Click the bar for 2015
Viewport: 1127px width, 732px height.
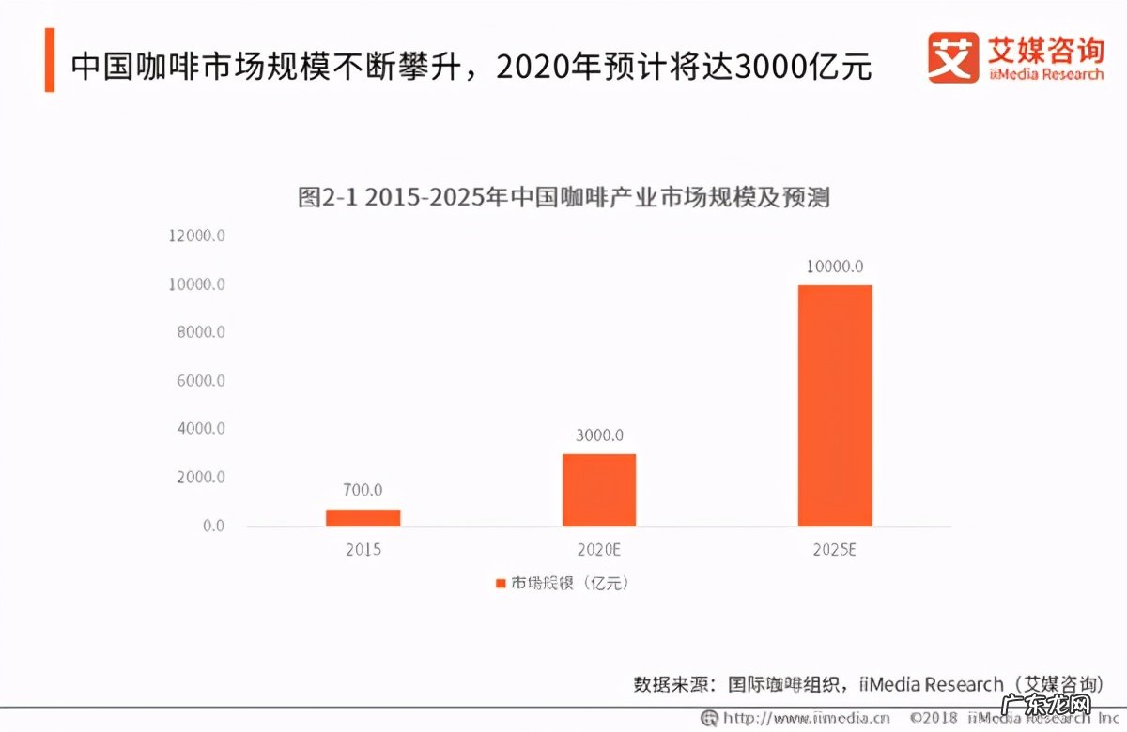pos(363,517)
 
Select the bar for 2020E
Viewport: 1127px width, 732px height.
pos(598,490)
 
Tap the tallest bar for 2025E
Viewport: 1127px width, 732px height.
pos(835,405)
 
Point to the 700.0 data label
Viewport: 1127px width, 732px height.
pos(363,490)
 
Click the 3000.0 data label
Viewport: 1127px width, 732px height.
pos(598,435)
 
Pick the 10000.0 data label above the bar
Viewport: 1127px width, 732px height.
pos(834,267)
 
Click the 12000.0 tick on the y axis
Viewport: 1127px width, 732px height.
pos(196,236)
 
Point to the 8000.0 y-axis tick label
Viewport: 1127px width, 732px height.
pos(199,332)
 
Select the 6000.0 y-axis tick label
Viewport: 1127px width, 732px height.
pos(199,381)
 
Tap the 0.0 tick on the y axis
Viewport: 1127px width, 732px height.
pos(213,526)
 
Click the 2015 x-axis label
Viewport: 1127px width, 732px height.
pos(363,550)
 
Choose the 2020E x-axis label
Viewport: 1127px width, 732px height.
pos(598,550)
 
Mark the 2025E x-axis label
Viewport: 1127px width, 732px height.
pos(834,550)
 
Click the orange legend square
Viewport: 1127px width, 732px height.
pos(501,584)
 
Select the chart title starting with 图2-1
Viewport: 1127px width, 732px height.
pos(563,198)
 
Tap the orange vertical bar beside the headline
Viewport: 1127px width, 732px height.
pos(49,60)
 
